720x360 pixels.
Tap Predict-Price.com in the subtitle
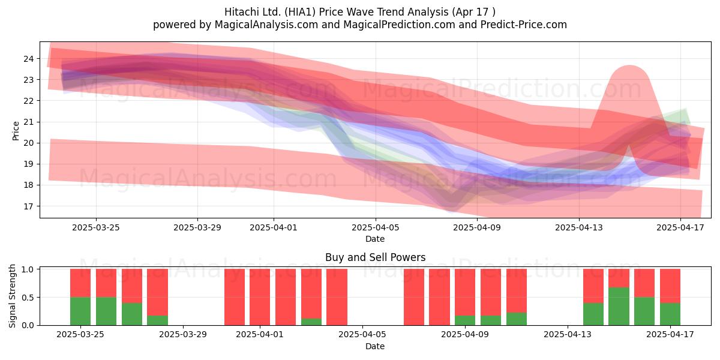pyautogui.click(x=524, y=25)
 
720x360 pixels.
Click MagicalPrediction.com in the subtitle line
pyautogui.click(x=399, y=25)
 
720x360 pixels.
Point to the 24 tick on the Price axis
pyautogui.click(x=28, y=59)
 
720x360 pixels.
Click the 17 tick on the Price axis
pyautogui.click(x=28, y=206)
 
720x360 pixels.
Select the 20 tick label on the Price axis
pyautogui.click(x=28, y=143)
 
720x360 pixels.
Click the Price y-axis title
pyautogui.click(x=16, y=131)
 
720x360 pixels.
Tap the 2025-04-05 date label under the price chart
pyautogui.click(x=375, y=227)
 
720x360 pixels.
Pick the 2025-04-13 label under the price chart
pyautogui.click(x=579, y=227)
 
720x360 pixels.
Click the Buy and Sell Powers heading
pyautogui.click(x=375, y=257)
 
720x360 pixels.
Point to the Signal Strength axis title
pyautogui.click(x=12, y=296)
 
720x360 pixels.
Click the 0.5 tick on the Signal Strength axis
pyautogui.click(x=28, y=298)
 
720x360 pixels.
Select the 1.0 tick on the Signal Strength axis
pyautogui.click(x=28, y=269)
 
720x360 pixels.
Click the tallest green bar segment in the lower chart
pyautogui.click(x=619, y=307)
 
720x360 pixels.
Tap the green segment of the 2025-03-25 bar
pyautogui.click(x=80, y=311)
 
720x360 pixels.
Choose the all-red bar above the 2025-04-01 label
pyautogui.click(x=260, y=297)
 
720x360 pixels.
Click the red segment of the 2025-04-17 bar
pyautogui.click(x=670, y=286)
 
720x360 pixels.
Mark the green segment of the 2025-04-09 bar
pyautogui.click(x=465, y=320)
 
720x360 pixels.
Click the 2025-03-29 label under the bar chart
pyautogui.click(x=183, y=335)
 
